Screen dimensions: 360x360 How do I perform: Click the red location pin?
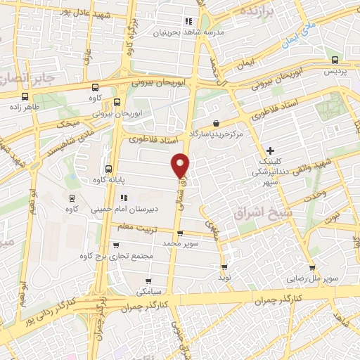pos(181,165)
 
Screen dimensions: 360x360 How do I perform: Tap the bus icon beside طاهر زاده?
pos(25,98)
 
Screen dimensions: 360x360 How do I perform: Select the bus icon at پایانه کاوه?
pos(108,169)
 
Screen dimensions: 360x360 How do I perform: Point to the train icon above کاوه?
pos(70,198)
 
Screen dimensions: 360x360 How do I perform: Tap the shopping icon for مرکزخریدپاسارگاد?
pos(224,124)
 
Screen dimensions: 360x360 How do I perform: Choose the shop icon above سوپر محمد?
pos(180,233)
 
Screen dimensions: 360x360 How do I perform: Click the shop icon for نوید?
pos(224,267)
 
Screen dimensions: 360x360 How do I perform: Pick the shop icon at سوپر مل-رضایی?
pos(311,267)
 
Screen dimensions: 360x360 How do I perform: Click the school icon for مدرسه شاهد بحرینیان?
pos(188,21)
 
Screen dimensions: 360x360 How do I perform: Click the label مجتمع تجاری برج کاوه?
pos(117,255)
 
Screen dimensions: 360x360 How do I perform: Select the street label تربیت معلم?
pos(136,226)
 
